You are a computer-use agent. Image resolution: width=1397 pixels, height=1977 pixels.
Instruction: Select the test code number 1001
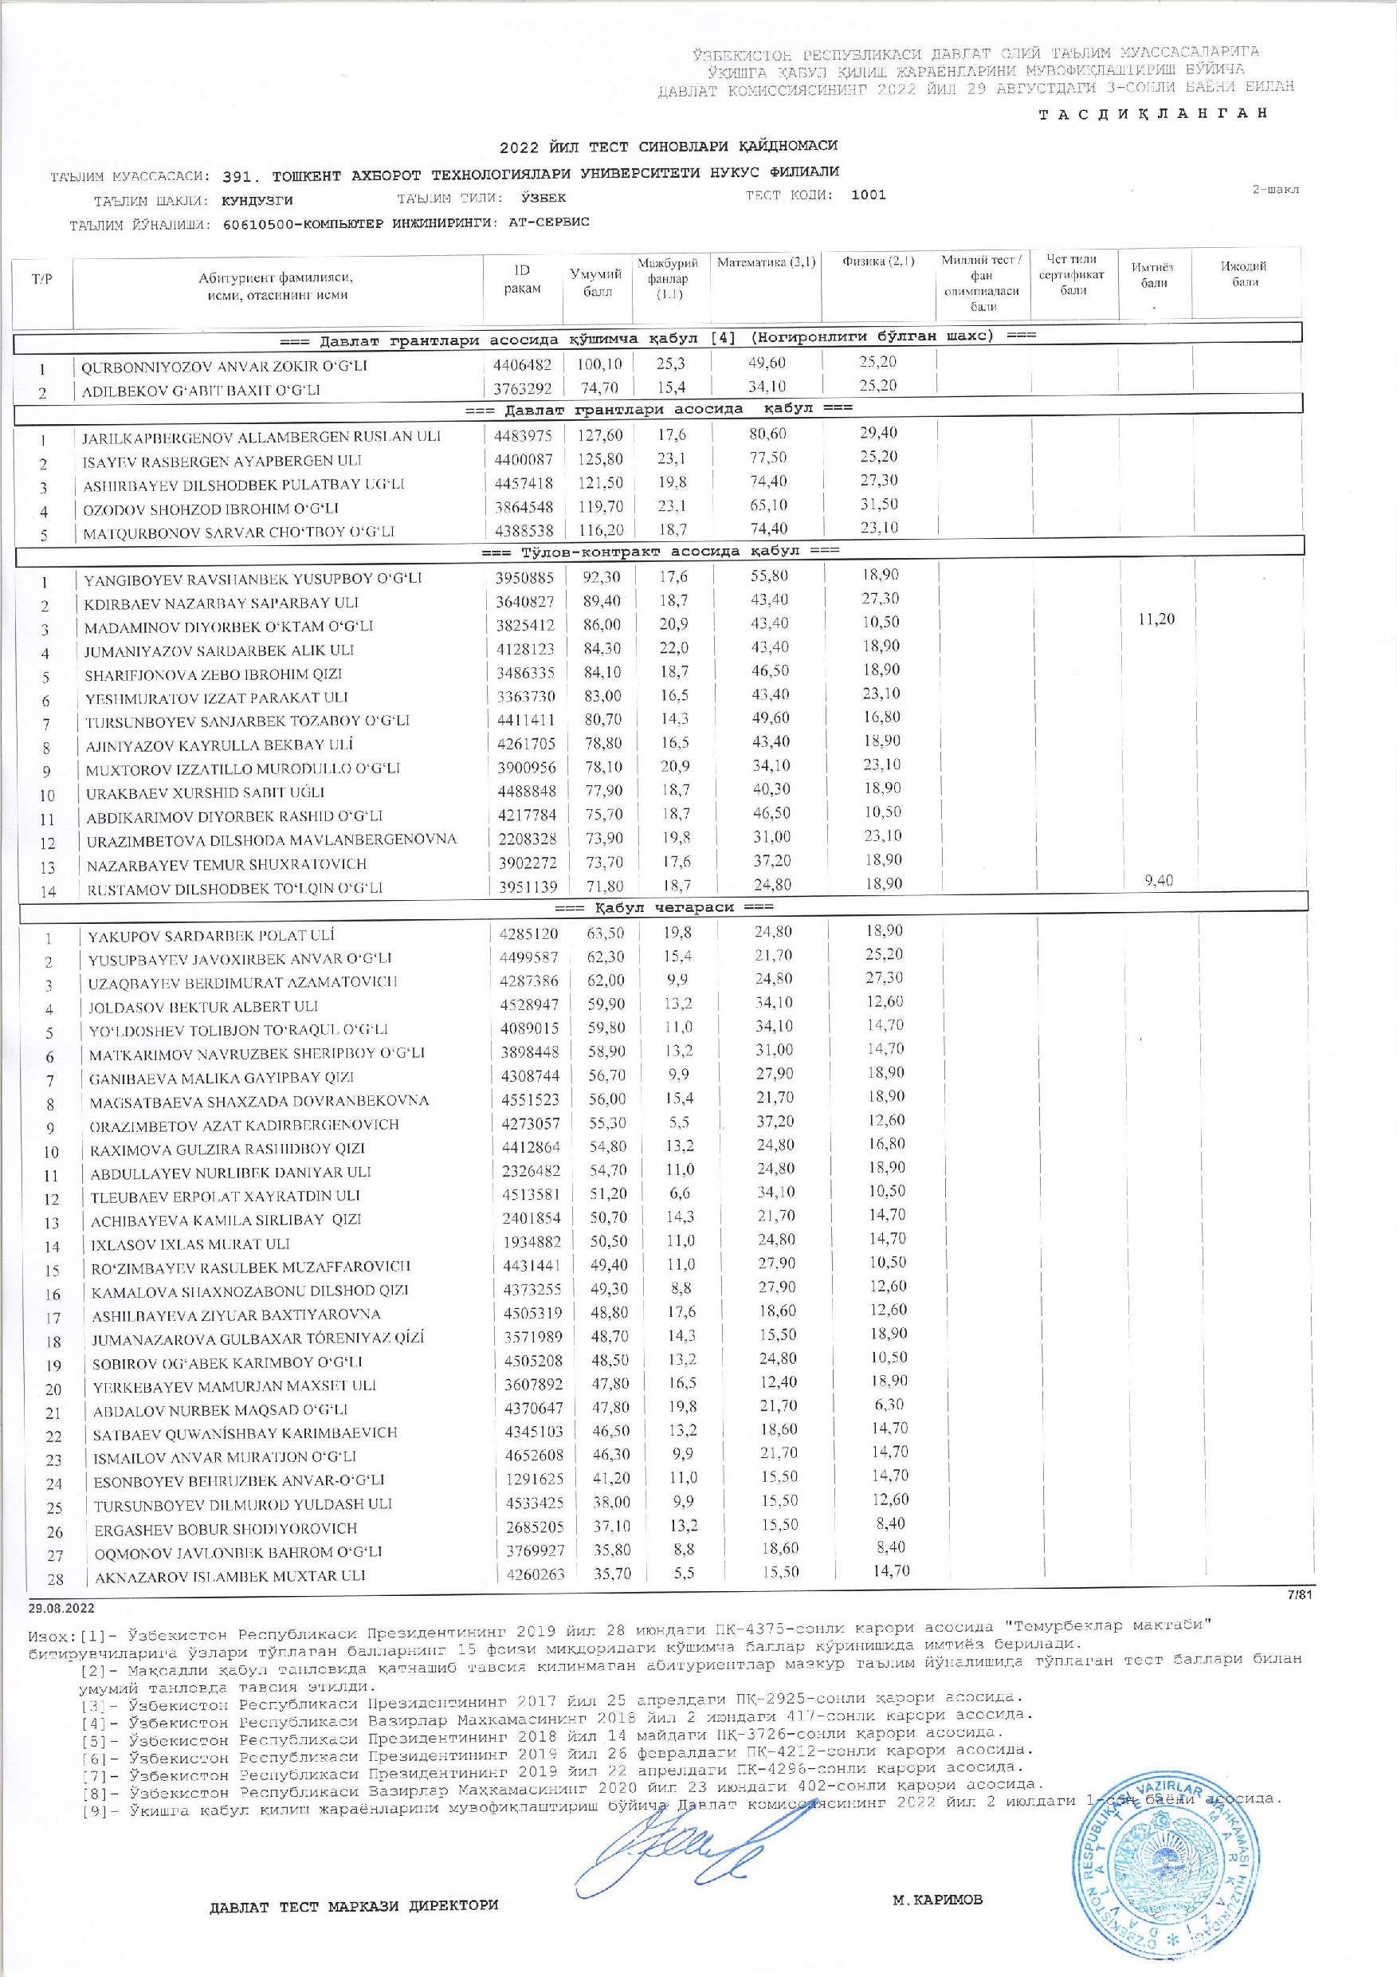(x=868, y=195)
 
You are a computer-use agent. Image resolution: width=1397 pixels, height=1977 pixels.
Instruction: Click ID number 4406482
(x=523, y=365)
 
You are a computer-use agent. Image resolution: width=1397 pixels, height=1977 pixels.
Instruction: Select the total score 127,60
(x=598, y=434)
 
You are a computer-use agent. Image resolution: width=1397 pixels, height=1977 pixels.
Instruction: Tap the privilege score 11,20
(x=1156, y=619)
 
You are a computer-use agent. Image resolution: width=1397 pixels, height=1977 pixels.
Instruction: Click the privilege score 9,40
(x=1159, y=880)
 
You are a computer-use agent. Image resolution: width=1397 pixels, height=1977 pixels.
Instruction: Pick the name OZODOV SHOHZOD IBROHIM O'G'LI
(x=211, y=509)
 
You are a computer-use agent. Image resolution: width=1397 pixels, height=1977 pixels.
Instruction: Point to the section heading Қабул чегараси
(x=663, y=906)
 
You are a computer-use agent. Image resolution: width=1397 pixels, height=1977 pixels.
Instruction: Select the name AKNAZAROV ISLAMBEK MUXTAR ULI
(x=230, y=1575)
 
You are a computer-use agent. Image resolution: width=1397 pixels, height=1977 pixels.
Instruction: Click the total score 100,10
(x=598, y=365)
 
